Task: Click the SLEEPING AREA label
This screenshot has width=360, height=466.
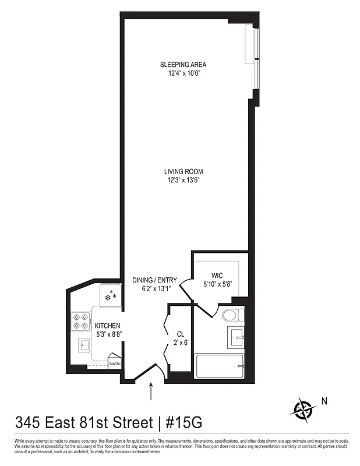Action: point(183,65)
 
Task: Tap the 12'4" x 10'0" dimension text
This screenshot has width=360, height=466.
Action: point(183,73)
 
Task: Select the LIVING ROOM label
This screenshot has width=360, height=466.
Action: point(183,171)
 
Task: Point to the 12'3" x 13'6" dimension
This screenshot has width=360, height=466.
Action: point(183,180)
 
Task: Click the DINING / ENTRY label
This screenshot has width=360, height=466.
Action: point(154,280)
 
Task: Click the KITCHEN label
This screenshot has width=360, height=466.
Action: point(108,326)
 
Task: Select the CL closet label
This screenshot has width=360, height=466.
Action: point(181,334)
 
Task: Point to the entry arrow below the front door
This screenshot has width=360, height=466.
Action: point(152,391)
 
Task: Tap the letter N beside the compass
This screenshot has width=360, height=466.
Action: point(325,401)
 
